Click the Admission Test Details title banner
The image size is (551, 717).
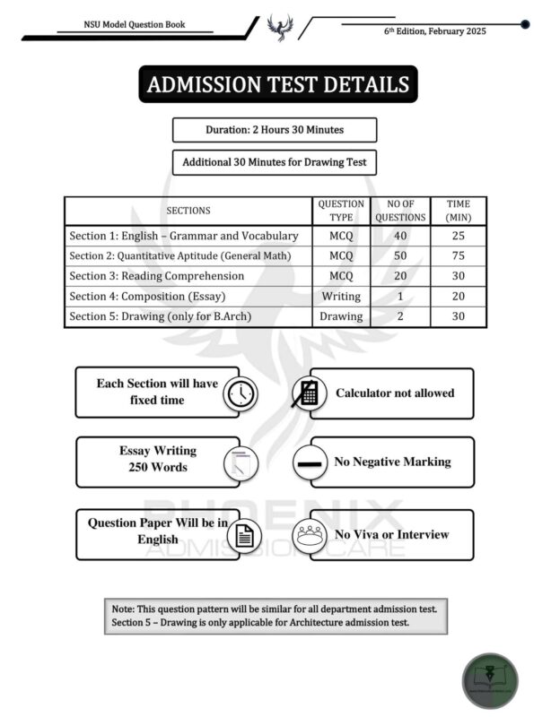coord(277,85)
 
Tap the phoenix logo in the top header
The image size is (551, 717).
coord(278,28)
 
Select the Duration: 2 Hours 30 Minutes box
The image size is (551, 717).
coord(275,130)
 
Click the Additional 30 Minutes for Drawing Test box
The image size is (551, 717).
coord(275,163)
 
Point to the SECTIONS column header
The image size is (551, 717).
coord(188,211)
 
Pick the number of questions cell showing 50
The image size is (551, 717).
coord(400,256)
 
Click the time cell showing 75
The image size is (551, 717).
coord(459,256)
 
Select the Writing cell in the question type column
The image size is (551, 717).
coord(341,296)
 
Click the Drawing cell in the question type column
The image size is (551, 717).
coord(341,316)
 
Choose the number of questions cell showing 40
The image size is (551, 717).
coord(400,236)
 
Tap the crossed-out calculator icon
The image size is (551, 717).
coord(307,393)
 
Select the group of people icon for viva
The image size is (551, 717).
coord(310,535)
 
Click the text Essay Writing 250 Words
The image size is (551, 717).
coord(157,459)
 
